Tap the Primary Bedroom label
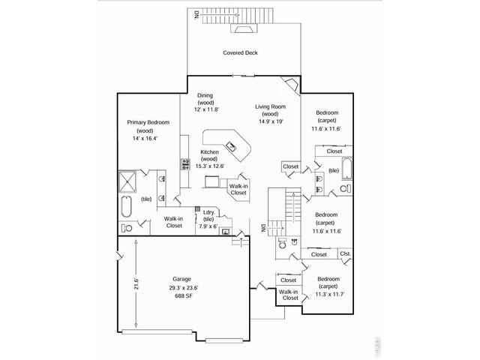click(x=148, y=122)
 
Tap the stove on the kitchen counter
click(x=183, y=162)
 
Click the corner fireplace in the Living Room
click(x=289, y=83)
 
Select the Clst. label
click(x=345, y=253)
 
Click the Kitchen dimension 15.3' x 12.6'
click(x=209, y=166)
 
